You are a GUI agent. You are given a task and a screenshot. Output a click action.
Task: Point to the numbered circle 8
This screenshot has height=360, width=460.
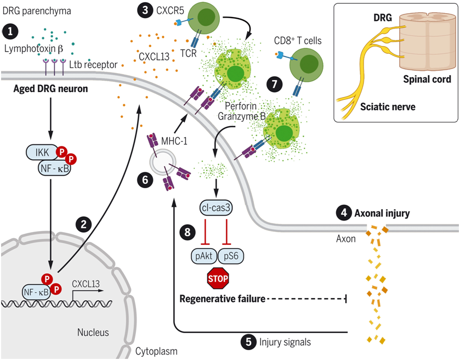point(188,232)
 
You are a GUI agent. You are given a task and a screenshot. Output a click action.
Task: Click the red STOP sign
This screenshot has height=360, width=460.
point(218,279)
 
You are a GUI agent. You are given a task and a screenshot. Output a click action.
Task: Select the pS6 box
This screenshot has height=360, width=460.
point(232,256)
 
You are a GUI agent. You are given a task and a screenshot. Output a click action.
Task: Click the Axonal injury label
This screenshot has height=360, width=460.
point(382,213)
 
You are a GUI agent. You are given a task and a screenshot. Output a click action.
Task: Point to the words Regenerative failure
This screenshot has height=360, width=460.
point(223,299)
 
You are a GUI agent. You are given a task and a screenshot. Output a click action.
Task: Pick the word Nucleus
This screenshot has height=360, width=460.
point(93,332)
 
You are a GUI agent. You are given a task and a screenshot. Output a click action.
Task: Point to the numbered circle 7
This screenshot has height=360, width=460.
point(274,84)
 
